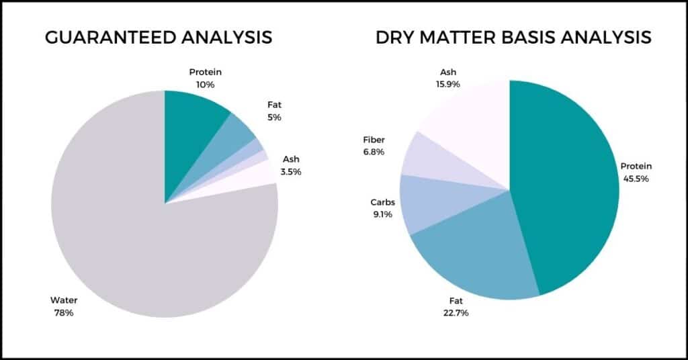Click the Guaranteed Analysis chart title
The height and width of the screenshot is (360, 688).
point(159,38)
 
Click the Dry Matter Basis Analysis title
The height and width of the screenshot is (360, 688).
point(513,38)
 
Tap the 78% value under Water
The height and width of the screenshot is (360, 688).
point(64,313)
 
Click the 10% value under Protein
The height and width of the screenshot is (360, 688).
point(206,85)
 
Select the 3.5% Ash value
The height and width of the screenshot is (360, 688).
point(291,172)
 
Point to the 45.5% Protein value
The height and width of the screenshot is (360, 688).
point(636,179)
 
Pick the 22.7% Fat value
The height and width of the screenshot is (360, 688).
point(456,313)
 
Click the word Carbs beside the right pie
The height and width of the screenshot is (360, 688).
point(382,202)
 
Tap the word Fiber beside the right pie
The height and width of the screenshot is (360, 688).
point(374,140)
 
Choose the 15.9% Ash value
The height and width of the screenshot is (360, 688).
point(448,84)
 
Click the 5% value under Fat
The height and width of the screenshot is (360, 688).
point(274,118)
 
